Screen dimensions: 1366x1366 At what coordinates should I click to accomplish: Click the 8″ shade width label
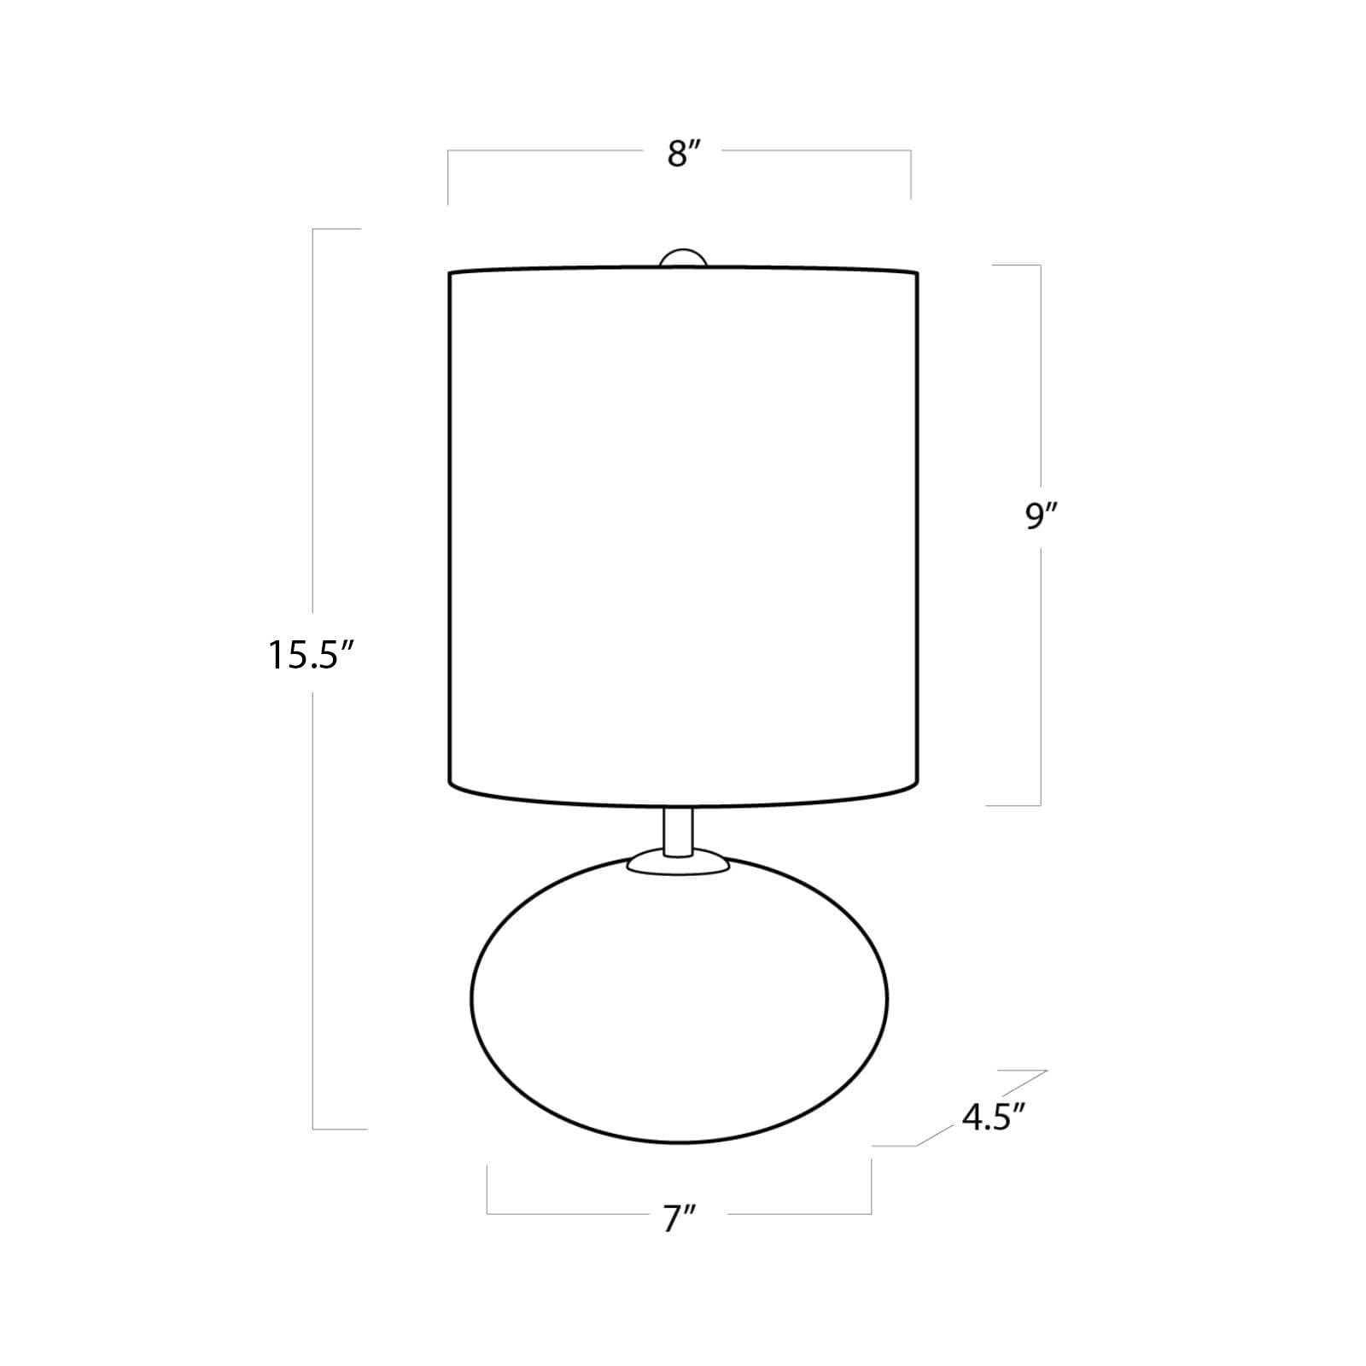click(x=684, y=155)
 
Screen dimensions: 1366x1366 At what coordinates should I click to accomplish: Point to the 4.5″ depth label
click(x=993, y=1117)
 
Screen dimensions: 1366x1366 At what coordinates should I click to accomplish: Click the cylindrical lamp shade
click(x=683, y=538)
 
